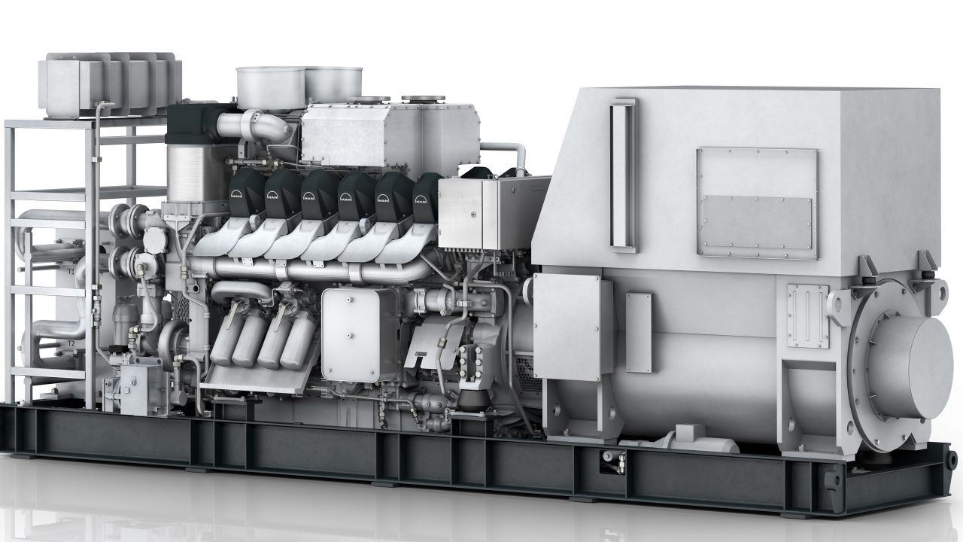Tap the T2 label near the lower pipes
pyautogui.click(x=71, y=343)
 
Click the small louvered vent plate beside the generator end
pyautogui.click(x=807, y=315)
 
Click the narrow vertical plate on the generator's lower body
pyautogui.click(x=639, y=331)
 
